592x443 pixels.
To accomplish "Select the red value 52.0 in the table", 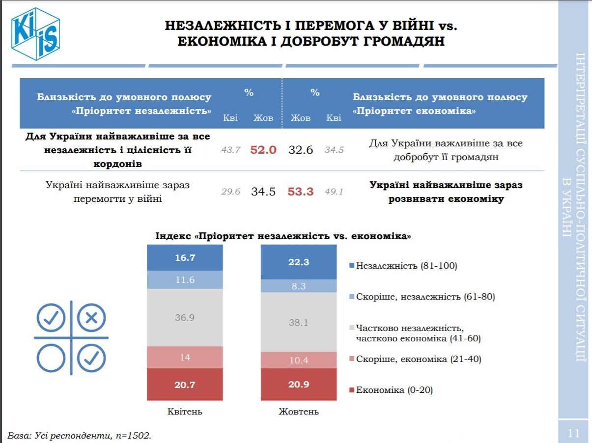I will point(263,150).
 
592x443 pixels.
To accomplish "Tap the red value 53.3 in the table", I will point(300,192).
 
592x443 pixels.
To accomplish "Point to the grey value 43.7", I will point(230,150).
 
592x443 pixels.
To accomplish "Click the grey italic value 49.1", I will point(334,192).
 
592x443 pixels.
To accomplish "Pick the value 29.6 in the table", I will point(230,192).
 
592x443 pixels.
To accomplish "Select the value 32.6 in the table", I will point(300,150).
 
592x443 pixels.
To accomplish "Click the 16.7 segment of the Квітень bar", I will point(185,257).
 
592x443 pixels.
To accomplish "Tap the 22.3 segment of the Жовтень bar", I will point(299,262).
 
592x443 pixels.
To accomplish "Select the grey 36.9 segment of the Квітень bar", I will point(185,317).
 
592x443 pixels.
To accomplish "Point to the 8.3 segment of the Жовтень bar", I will point(299,286).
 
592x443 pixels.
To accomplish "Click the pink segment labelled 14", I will point(185,358).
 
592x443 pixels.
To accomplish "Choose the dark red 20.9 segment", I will point(299,385).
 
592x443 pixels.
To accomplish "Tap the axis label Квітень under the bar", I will point(185,412).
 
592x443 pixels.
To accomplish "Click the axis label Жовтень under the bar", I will point(299,412).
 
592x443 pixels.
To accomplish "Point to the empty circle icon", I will point(51,358).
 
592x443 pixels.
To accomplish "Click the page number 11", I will point(573,433).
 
